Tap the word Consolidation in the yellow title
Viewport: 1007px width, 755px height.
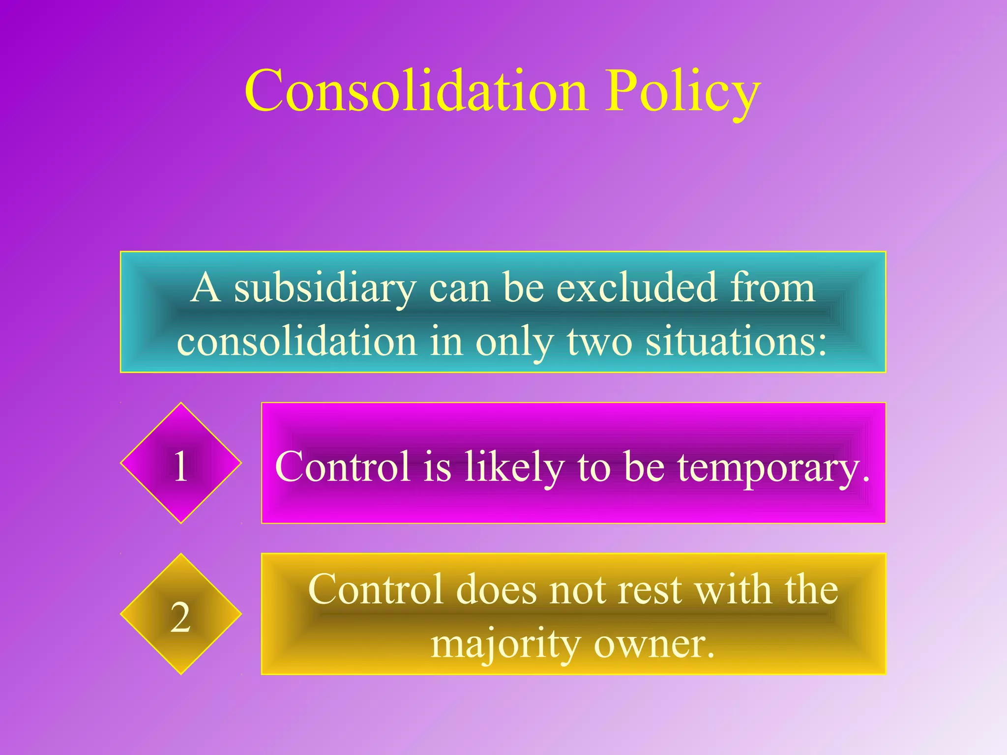(x=416, y=91)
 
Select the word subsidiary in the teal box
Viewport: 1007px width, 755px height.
(x=325, y=289)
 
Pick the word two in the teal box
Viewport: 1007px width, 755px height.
(x=599, y=342)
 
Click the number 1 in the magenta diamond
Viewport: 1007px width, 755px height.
(x=181, y=465)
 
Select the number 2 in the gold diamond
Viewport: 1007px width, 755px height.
(x=180, y=617)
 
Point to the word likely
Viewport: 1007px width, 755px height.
(x=514, y=467)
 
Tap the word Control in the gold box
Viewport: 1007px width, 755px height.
(x=376, y=589)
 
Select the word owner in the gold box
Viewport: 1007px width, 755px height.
(x=653, y=643)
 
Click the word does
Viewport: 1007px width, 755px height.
(x=497, y=589)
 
